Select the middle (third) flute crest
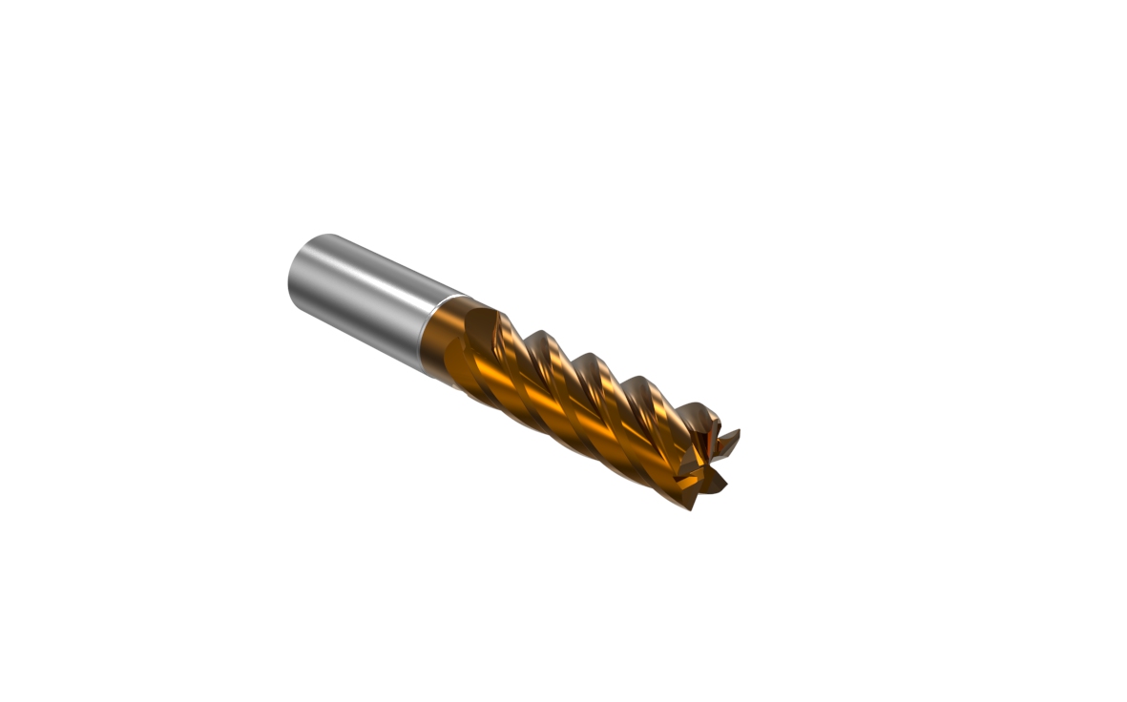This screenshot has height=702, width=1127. click(x=589, y=360)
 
